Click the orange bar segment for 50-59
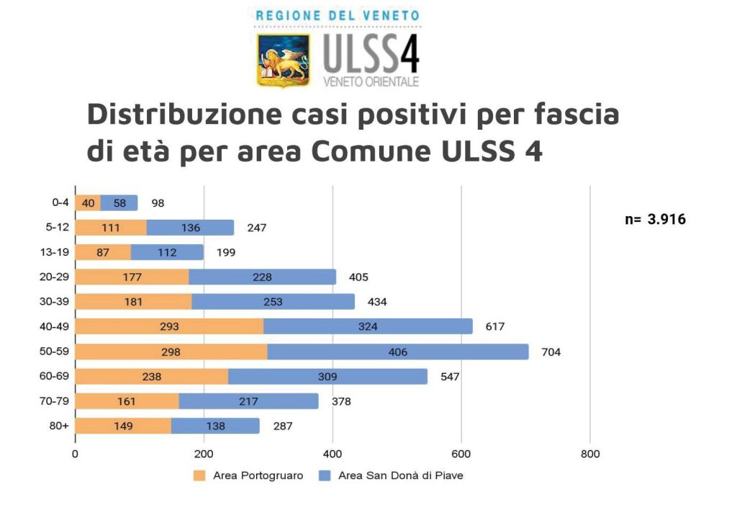(171, 352)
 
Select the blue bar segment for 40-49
(368, 326)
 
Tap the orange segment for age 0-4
(88, 203)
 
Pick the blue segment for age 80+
(215, 426)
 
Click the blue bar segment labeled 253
(273, 302)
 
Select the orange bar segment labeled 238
(152, 376)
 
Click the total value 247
(256, 228)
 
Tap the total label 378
(340, 401)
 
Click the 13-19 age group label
(56, 252)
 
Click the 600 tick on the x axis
(461, 454)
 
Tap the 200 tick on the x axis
(204, 454)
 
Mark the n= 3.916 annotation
(655, 220)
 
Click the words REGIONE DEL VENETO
(338, 15)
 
